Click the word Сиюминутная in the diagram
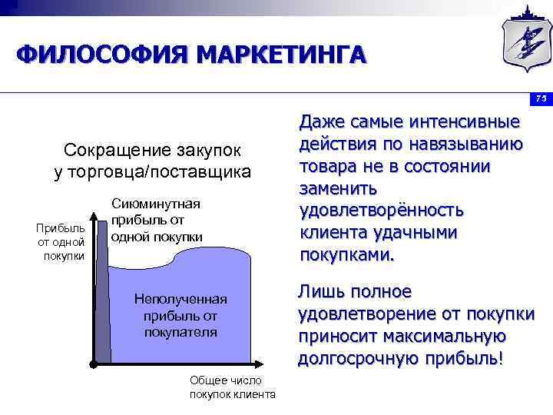[156, 204]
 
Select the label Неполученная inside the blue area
[180, 299]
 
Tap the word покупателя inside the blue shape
[180, 332]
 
